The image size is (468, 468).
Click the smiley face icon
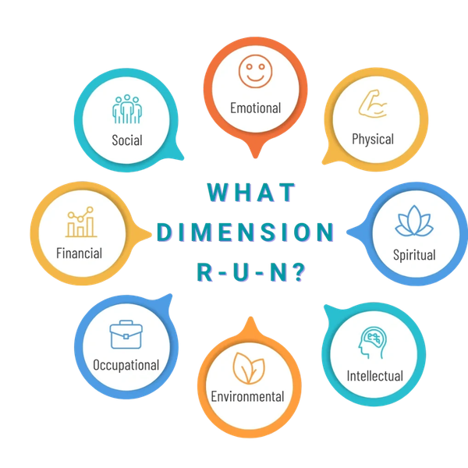[x=256, y=71]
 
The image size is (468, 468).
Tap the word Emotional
[x=256, y=108]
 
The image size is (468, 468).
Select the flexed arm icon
[x=373, y=104]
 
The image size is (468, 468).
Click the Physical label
[x=373, y=140]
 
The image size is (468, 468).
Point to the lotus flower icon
[x=414, y=221]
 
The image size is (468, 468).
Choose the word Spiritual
[x=414, y=256]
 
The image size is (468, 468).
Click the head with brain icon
[x=373, y=342]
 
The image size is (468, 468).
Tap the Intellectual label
[x=375, y=376]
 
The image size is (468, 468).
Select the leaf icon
[x=249, y=368]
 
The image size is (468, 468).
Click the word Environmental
[x=247, y=397]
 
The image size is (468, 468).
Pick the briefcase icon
[x=126, y=335]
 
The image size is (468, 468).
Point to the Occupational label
[x=126, y=365]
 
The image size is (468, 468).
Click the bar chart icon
[x=81, y=222]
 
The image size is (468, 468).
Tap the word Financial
[x=79, y=253]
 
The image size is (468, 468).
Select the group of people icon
[x=127, y=109]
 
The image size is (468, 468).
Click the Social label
[x=127, y=140]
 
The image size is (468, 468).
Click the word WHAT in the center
[x=251, y=193]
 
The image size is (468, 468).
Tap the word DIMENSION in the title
[x=246, y=232]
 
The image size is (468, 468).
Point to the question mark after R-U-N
[x=298, y=272]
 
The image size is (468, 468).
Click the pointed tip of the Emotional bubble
[x=256, y=158]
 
